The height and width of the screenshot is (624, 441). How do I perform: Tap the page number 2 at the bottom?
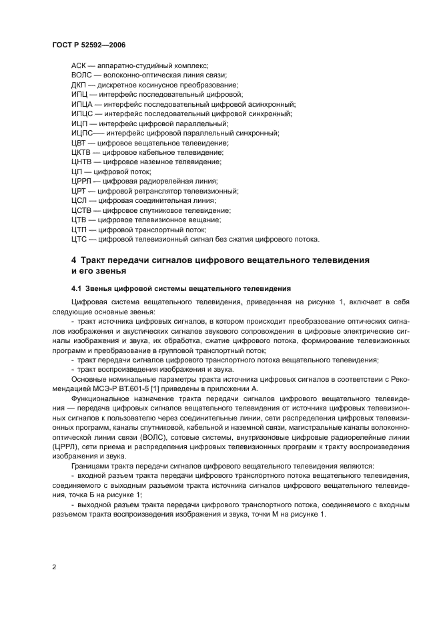(54, 567)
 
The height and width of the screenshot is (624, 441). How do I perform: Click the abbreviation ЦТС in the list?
(79, 239)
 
